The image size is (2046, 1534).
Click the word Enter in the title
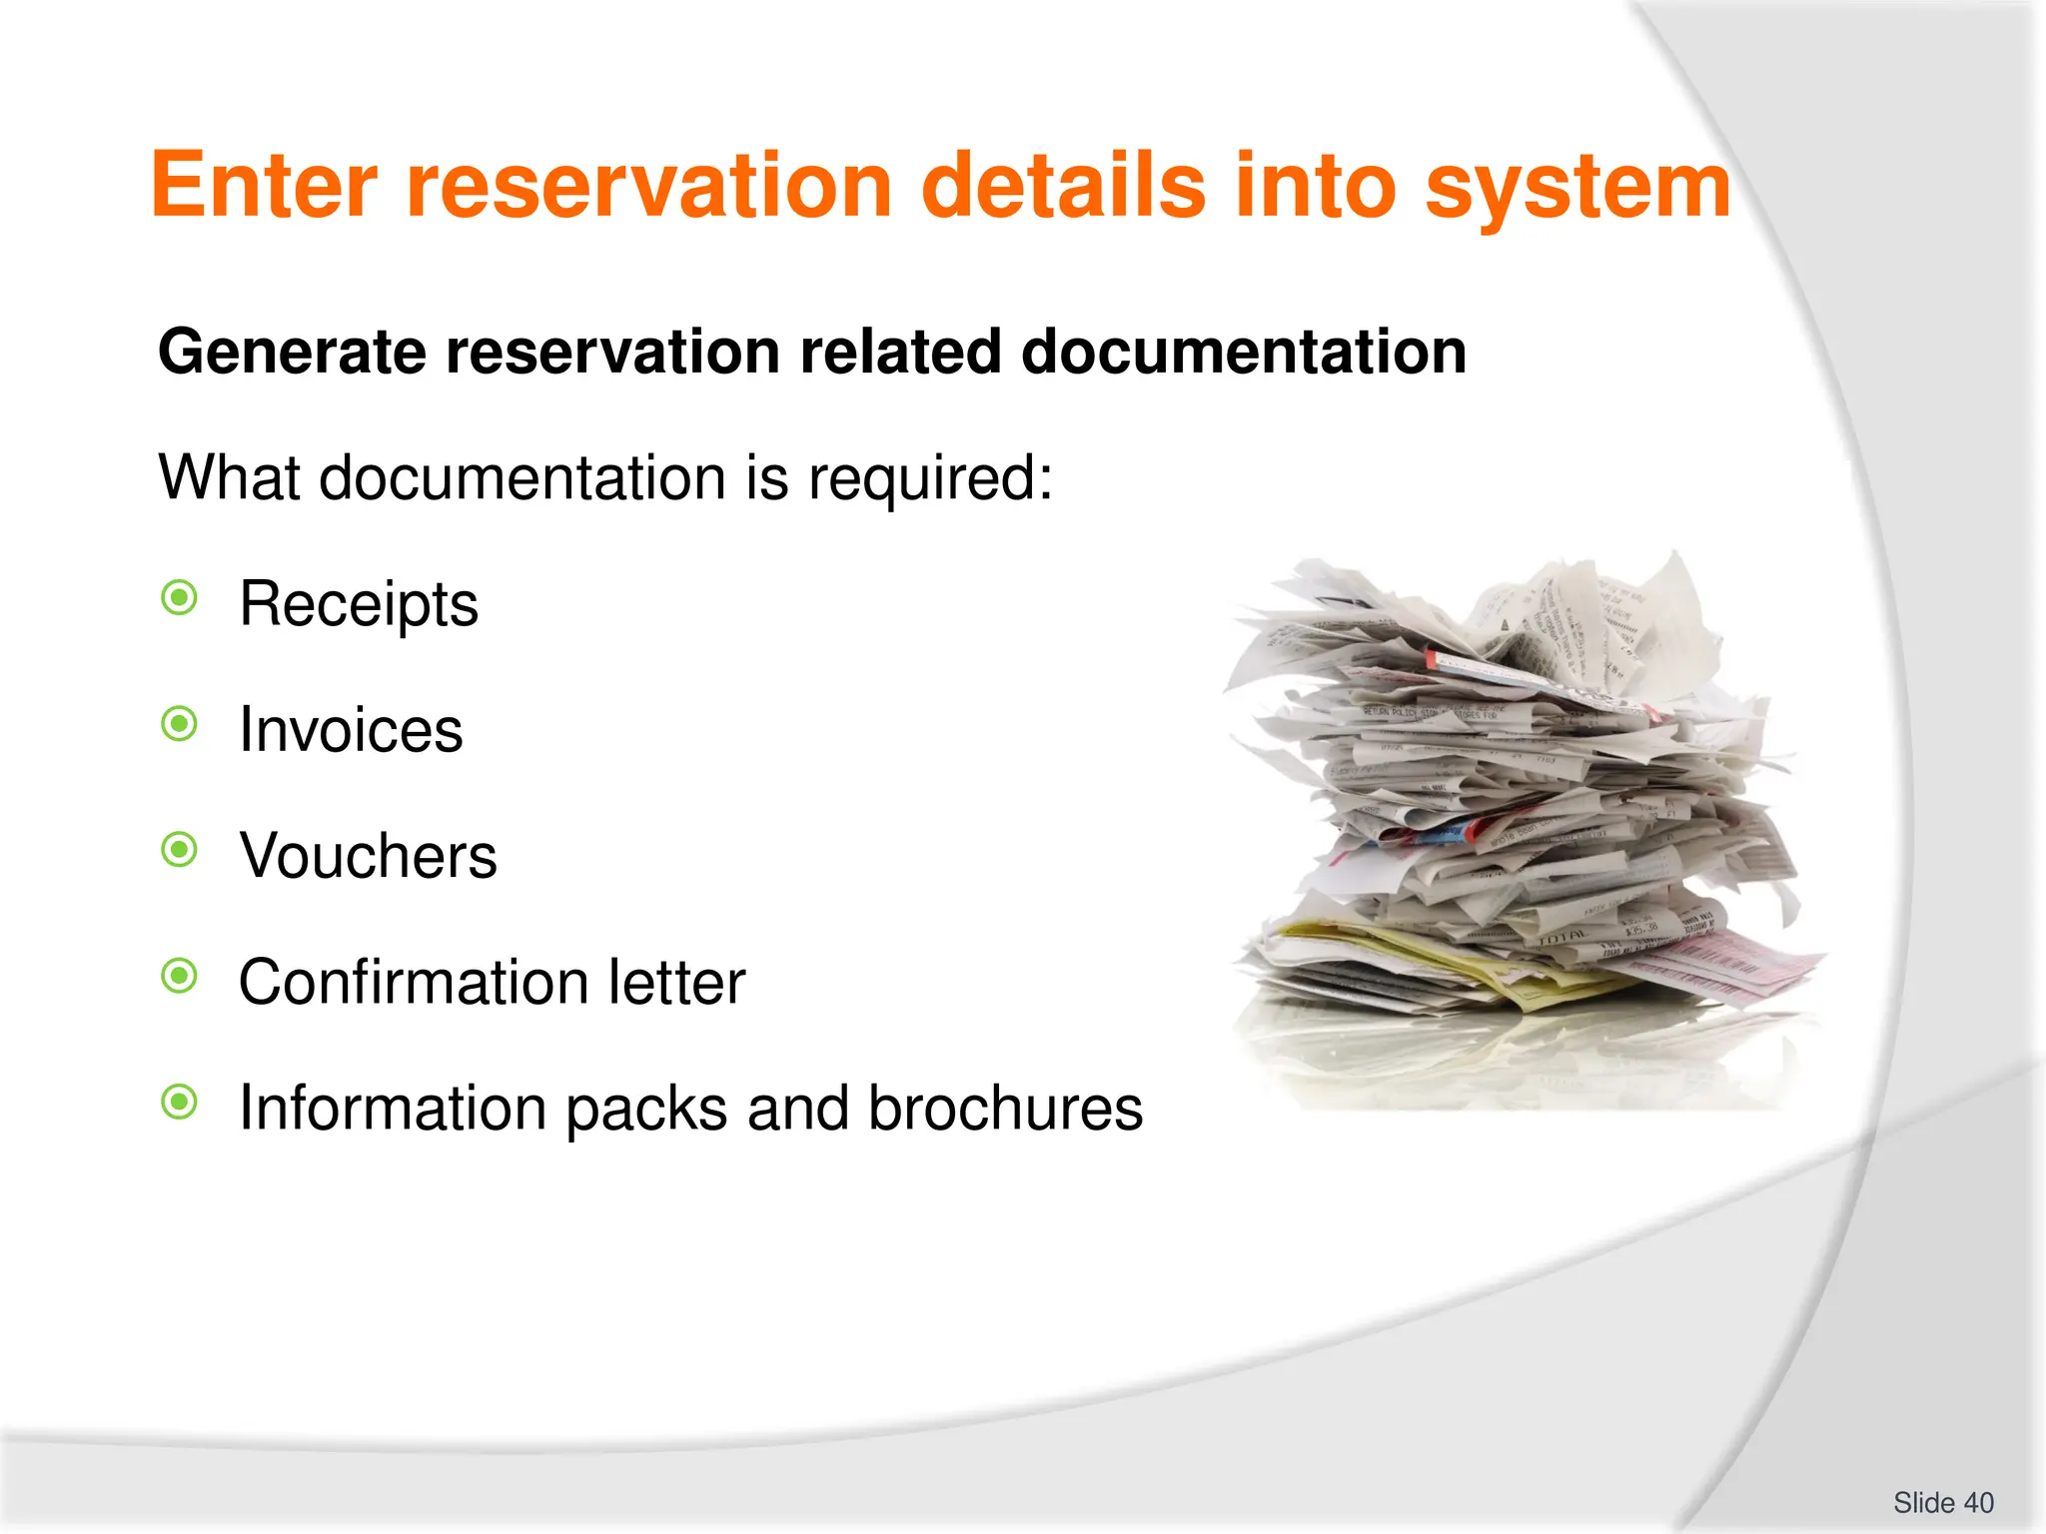[264, 186]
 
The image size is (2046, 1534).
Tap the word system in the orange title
[1577, 186]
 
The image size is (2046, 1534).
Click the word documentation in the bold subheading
[1243, 353]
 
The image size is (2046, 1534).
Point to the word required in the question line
[929, 477]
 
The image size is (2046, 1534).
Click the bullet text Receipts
[359, 604]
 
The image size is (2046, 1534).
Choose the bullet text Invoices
[351, 730]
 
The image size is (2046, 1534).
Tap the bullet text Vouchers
[368, 856]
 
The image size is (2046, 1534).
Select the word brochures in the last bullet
[1005, 1108]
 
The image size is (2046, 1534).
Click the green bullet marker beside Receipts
[180, 598]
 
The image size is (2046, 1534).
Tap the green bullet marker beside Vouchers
[180, 850]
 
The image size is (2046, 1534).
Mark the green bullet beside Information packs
[180, 1103]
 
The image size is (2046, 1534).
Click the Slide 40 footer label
[1943, 1503]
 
